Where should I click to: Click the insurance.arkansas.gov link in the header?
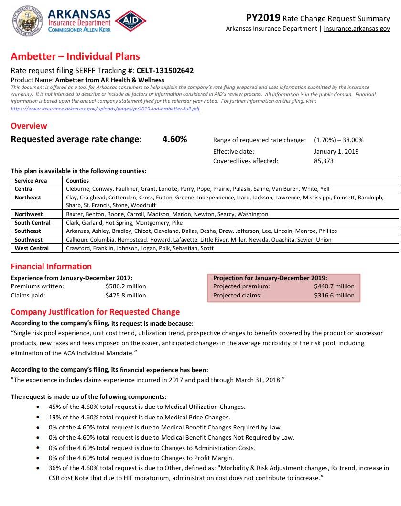click(357, 29)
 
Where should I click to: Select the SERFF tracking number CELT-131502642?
click(165, 71)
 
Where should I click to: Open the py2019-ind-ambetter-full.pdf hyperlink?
click(105, 109)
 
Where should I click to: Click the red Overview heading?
click(29, 126)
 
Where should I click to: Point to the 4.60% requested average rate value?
click(175, 139)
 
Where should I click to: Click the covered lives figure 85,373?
click(324, 161)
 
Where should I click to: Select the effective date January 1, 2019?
click(336, 151)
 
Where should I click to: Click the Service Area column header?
click(31, 181)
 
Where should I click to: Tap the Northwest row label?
click(28, 214)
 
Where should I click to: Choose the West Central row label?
click(32, 248)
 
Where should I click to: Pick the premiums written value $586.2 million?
click(126, 286)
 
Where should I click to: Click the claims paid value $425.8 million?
click(126, 295)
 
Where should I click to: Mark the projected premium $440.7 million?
click(334, 286)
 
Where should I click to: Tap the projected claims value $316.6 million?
click(334, 295)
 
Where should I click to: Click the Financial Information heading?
click(51, 266)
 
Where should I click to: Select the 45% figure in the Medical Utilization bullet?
click(54, 407)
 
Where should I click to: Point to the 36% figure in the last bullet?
click(54, 468)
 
